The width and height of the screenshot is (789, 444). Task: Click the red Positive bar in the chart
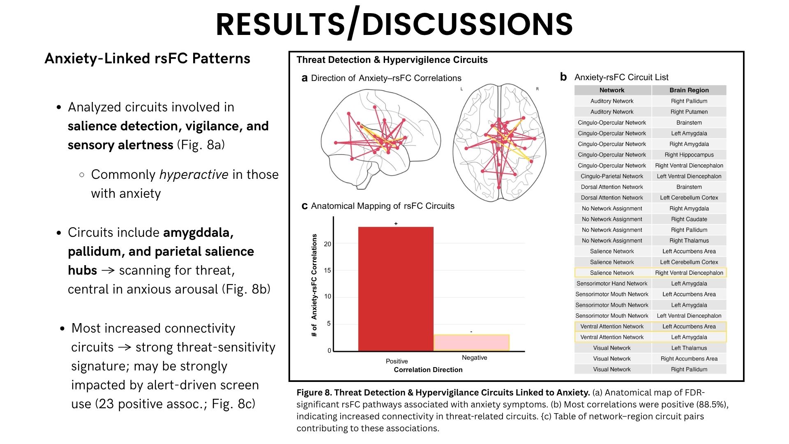click(396, 289)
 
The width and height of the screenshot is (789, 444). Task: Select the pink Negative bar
click(471, 342)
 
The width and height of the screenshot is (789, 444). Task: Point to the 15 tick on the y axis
click(328, 271)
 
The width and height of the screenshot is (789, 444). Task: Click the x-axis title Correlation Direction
click(428, 370)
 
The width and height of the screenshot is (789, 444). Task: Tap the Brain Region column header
click(689, 90)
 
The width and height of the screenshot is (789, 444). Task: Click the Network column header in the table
click(611, 90)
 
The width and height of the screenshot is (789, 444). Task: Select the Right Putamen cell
click(689, 112)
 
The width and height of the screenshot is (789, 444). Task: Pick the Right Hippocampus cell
click(689, 155)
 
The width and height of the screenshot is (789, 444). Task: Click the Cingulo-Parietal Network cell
click(611, 176)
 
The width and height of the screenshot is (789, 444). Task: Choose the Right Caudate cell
click(689, 219)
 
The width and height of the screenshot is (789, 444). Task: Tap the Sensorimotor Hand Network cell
click(611, 284)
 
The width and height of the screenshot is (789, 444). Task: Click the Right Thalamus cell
click(689, 240)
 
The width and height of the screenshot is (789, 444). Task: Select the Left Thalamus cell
click(689, 348)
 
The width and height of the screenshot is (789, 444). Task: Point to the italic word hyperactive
click(194, 175)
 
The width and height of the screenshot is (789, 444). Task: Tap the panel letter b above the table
click(563, 77)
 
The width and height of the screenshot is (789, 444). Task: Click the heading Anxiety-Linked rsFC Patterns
click(147, 58)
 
